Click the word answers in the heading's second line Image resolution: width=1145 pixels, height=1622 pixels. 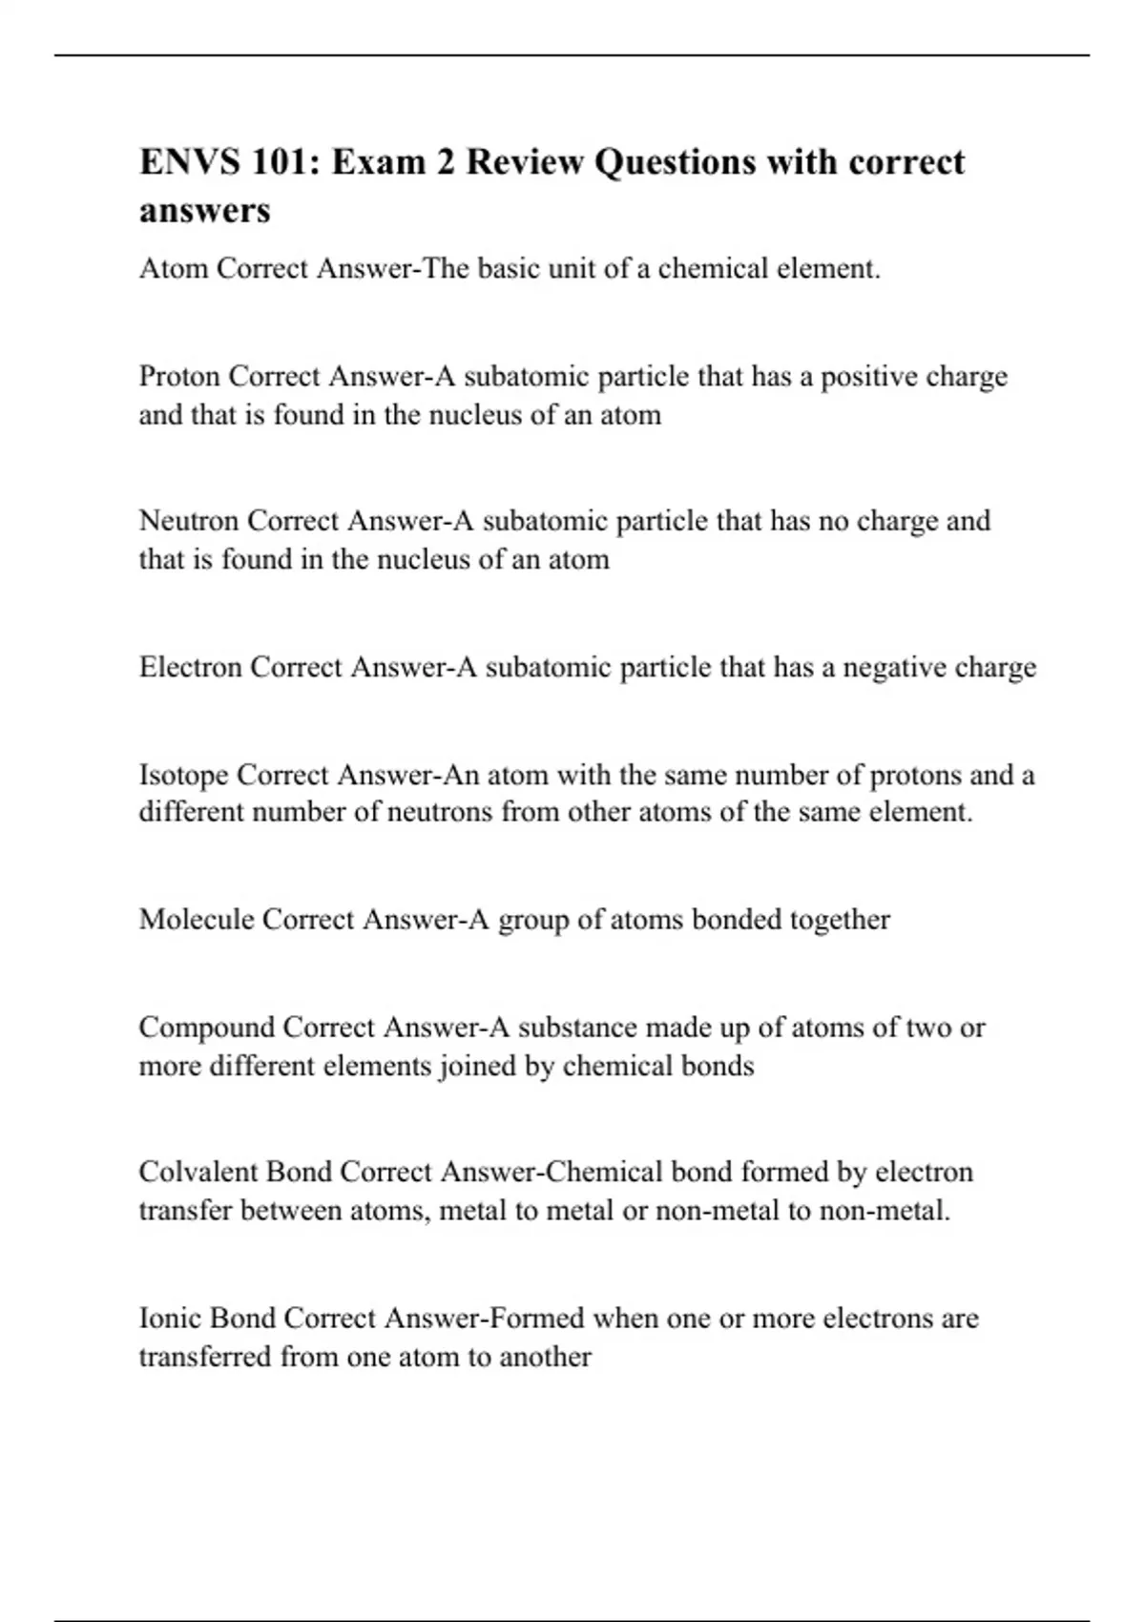[204, 210]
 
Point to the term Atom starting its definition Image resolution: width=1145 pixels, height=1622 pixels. [174, 269]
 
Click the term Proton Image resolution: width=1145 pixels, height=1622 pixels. [180, 377]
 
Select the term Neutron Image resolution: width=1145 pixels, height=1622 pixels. [189, 521]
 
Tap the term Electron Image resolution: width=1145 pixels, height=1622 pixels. [191, 667]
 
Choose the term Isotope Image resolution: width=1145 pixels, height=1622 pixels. [183, 775]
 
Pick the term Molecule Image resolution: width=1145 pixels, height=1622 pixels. [197, 920]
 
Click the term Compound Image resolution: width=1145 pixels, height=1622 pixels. [207, 1028]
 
